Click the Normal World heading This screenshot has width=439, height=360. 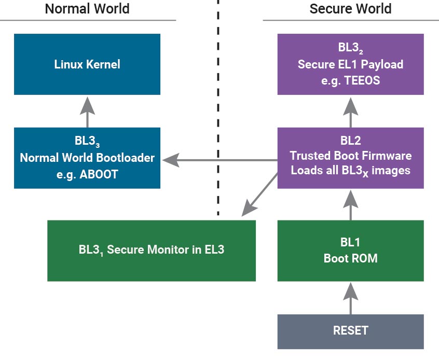point(87,9)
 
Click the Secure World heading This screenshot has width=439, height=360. point(350,9)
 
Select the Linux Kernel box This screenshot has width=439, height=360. point(87,64)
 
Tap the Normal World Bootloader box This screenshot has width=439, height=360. point(87,158)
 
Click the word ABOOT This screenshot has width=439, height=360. point(100,174)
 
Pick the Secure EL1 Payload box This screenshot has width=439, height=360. point(350,64)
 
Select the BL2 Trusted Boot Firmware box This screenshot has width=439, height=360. point(350,158)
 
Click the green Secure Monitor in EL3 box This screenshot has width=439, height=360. point(152,250)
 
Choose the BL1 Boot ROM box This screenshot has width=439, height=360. point(350,250)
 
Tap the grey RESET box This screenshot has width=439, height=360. point(350,331)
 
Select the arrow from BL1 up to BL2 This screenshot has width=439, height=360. point(350,204)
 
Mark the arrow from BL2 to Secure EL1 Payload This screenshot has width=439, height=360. point(350,112)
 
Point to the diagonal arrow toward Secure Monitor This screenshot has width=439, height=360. point(259,193)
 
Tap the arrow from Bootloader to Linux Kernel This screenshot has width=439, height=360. point(87,112)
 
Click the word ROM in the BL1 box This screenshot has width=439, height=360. point(364,258)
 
